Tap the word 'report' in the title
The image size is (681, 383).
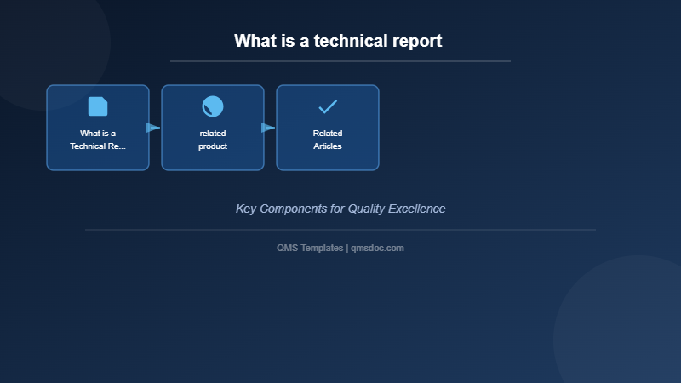coord(415,41)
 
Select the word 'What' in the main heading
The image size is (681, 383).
coord(255,41)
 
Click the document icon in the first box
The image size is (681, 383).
coord(98,106)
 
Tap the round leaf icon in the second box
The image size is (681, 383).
coord(213,106)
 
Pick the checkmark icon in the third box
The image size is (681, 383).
coord(328,106)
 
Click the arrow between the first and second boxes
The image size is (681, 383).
coord(153,128)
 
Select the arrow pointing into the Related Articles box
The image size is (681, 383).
coord(268,128)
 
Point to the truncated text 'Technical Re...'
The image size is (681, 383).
coord(98,146)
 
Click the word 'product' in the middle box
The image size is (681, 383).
coord(213,146)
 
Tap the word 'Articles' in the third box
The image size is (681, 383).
coord(328,146)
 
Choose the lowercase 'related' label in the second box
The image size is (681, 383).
coord(213,134)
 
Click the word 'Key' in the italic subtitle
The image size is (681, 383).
coord(246,209)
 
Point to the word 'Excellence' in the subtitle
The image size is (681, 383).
coord(416,209)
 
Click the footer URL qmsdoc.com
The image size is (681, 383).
coord(377,248)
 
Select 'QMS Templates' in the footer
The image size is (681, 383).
coord(310,248)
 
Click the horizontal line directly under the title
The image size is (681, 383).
coord(340,61)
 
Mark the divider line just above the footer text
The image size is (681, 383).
coord(340,230)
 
